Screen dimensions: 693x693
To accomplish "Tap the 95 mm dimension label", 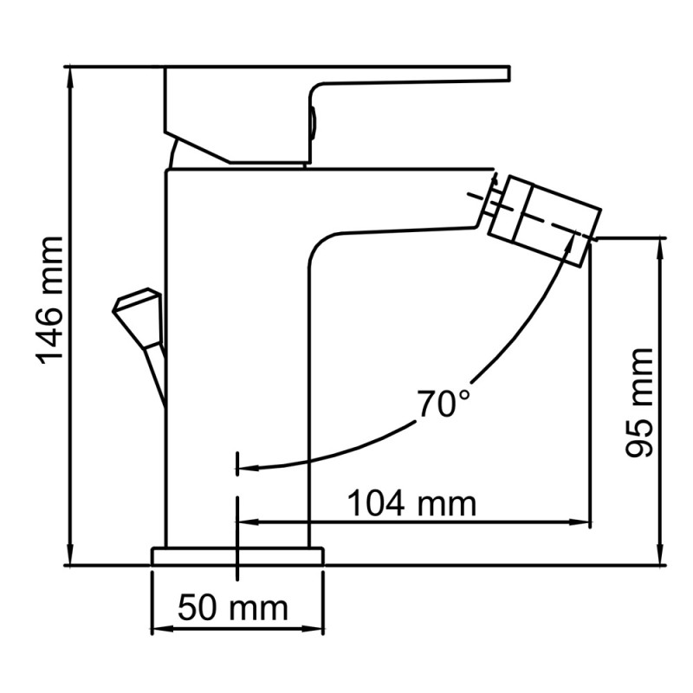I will click(639, 402).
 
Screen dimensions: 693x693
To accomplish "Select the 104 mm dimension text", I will click(411, 502).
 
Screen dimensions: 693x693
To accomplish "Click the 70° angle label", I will click(443, 404).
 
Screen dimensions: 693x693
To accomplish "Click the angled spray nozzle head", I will click(543, 209).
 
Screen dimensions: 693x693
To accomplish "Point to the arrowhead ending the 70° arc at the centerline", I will click(245, 469).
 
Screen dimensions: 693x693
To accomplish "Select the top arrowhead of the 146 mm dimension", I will click(70, 74).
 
